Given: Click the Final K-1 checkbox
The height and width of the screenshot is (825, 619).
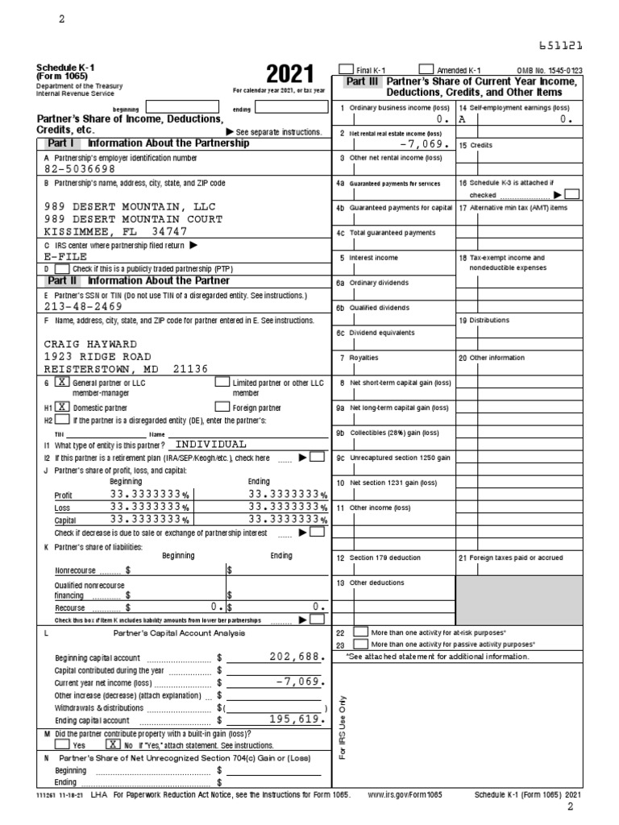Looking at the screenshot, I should [x=347, y=70].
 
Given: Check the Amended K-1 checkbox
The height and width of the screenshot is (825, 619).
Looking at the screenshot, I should [x=426, y=70].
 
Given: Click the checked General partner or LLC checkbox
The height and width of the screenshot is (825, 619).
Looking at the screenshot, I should [x=61, y=383].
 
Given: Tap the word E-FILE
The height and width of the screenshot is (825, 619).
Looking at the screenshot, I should [x=65, y=256].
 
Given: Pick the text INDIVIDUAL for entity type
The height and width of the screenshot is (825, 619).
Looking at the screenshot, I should [x=211, y=444].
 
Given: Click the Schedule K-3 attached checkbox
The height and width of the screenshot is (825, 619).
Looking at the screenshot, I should [x=571, y=194].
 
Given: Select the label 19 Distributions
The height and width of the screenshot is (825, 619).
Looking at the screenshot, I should [x=484, y=320].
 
